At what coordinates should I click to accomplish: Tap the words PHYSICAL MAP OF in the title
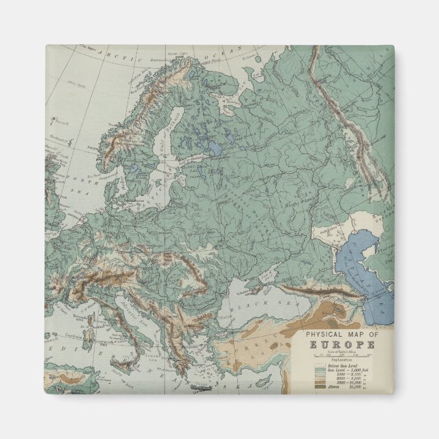[x=340, y=335]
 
